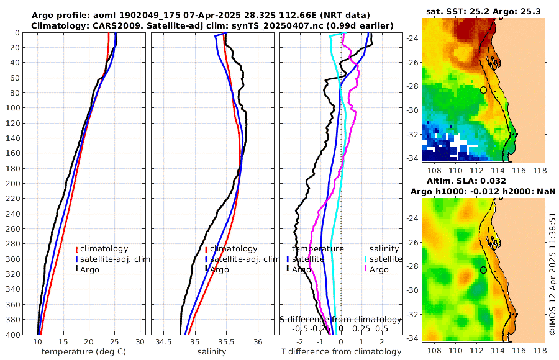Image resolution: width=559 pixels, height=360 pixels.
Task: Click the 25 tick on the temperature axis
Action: (114, 342)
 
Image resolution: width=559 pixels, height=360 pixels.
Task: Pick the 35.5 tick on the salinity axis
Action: (227, 342)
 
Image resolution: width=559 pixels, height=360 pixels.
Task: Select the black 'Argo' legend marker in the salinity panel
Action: (206, 269)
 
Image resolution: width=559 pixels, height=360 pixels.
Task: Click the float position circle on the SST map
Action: (483, 90)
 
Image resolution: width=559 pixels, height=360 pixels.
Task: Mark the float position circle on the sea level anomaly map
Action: (483, 270)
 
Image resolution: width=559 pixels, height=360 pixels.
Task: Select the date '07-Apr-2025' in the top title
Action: (196, 15)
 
